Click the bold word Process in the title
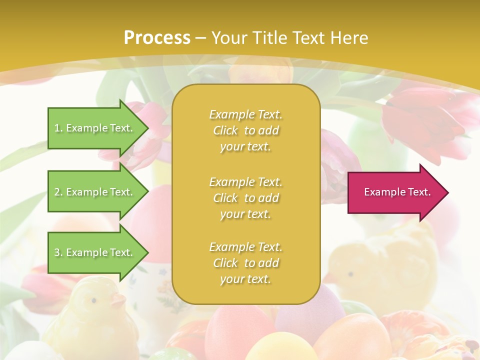tap(157, 38)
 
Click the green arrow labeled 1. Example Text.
tap(95, 128)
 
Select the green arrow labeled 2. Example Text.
tap(95, 192)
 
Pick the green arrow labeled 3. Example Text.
tap(95, 252)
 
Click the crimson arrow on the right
tap(395, 192)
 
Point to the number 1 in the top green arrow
tap(57, 128)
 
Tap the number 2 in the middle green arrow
tap(57, 192)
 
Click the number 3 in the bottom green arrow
tap(57, 252)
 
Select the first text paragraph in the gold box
tap(245, 130)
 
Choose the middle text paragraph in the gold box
tap(245, 198)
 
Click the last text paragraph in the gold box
tap(245, 263)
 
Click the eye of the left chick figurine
tap(93, 300)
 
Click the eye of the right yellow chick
tap(350, 274)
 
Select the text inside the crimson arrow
tap(397, 192)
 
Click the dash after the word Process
tap(201, 38)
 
